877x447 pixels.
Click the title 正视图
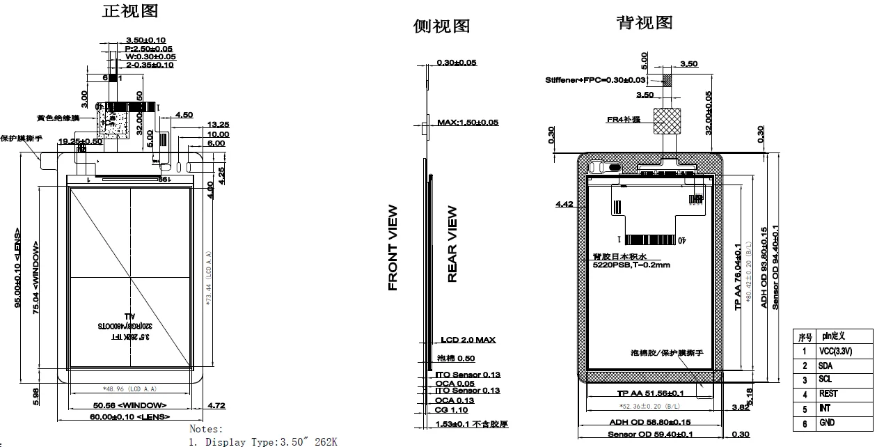[130, 11]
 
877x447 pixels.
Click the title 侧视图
[442, 26]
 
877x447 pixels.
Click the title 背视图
[645, 23]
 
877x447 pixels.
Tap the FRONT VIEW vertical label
[393, 247]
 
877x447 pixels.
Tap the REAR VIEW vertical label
[452, 244]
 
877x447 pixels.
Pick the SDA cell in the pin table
[826, 366]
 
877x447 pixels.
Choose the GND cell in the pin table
[827, 423]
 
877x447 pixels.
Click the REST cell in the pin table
[828, 393]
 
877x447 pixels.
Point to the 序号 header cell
[805, 336]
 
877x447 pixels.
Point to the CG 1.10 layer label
[452, 410]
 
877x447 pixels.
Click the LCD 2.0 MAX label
[468, 340]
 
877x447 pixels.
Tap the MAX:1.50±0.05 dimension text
[468, 123]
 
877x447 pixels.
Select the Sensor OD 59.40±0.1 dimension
[650, 434]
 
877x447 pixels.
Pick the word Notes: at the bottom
[206, 429]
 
